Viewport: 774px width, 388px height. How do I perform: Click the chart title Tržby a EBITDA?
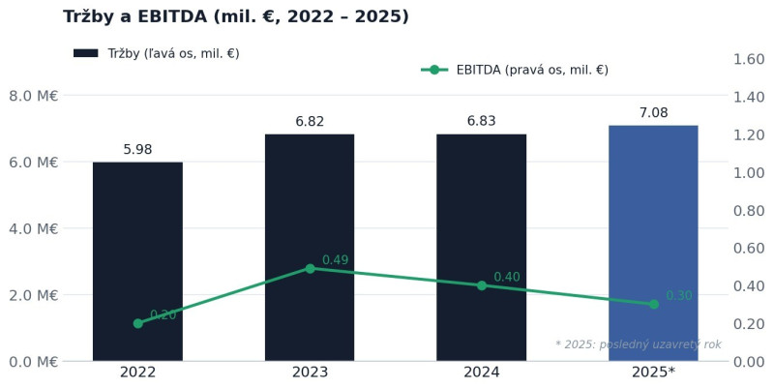[x=236, y=16]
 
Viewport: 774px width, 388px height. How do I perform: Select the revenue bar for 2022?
[x=137, y=261]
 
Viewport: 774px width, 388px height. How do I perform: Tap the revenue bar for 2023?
[x=310, y=248]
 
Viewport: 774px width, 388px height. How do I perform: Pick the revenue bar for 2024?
[x=481, y=248]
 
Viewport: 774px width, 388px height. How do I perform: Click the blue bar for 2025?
[x=653, y=243]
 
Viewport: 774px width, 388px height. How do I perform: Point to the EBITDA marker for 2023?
[x=310, y=269]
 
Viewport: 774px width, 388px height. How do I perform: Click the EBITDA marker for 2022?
[x=138, y=323]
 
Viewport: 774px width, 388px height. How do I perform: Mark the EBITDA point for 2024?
[x=482, y=285]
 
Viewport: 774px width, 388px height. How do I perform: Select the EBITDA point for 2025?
[x=654, y=304]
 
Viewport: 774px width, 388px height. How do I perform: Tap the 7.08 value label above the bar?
[x=654, y=112]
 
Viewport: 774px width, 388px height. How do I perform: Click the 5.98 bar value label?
[x=137, y=149]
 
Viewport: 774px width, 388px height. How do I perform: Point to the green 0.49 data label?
[x=335, y=259]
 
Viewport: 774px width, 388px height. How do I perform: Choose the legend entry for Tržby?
[x=157, y=53]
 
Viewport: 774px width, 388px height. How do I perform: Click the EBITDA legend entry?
[x=515, y=70]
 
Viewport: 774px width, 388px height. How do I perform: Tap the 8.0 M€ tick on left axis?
[x=34, y=95]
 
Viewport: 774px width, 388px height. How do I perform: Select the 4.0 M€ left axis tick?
[x=34, y=228]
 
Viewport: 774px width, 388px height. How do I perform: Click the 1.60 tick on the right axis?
[x=749, y=59]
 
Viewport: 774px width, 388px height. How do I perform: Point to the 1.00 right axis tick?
[x=749, y=173]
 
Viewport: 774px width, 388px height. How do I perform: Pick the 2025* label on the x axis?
[x=653, y=373]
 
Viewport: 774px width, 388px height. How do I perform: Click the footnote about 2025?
[x=639, y=344]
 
